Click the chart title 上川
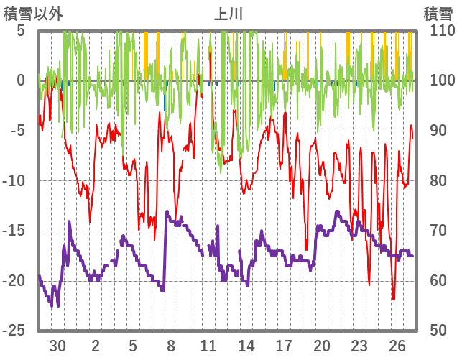228,13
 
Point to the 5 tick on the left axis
21,31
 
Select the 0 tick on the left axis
21,80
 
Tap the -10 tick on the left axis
16,180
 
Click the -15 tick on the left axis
16,231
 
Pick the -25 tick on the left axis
16,330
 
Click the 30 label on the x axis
58,345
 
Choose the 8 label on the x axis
171,345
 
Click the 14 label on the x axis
246,345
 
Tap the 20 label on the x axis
322,345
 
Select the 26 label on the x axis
397,345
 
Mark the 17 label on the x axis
285,345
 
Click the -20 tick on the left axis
16,280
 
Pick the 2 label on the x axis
96,345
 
